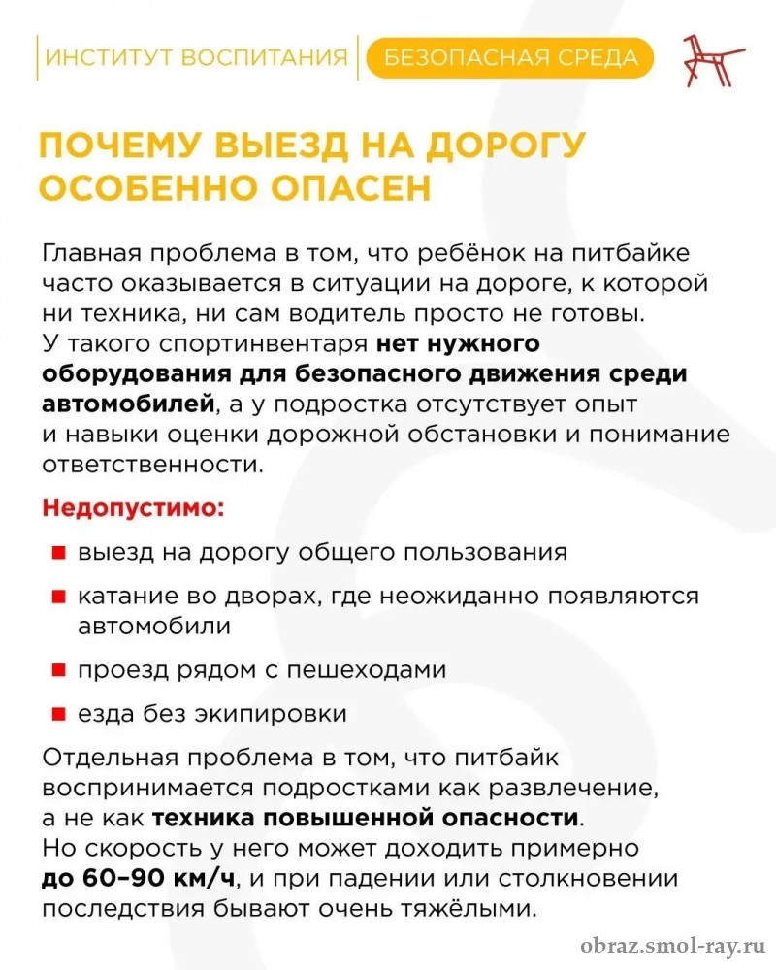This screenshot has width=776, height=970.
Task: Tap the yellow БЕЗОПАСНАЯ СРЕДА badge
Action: click(511, 58)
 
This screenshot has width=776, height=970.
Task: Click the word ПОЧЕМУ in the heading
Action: click(120, 145)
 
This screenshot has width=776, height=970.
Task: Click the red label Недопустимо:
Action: click(133, 507)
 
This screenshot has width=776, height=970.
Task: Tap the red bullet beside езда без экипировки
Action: click(58, 716)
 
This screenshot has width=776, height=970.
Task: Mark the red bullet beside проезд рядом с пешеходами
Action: click(58, 670)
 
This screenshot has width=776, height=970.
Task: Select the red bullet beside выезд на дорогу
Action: click(58, 553)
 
